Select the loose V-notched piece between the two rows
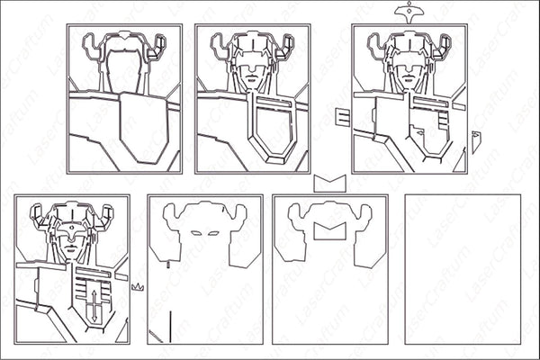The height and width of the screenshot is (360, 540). coord(330,183)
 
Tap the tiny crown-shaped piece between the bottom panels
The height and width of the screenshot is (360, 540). coord(138,286)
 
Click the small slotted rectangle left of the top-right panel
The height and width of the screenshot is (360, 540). coord(342,116)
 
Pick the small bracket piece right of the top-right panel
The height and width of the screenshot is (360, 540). coord(476,141)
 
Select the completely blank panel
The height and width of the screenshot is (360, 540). coord(463,269)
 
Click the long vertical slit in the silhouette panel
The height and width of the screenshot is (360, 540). coord(168,323)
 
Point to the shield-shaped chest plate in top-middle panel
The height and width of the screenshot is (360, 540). coord(269,126)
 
